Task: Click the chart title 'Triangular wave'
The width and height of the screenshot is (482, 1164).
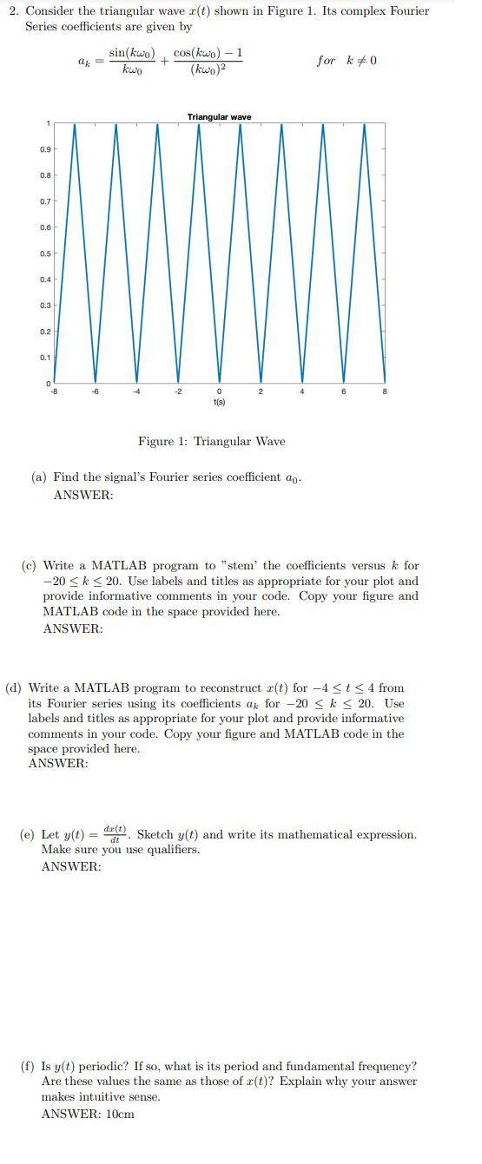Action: coord(219,117)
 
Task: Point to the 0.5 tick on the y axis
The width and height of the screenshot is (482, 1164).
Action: coord(44,253)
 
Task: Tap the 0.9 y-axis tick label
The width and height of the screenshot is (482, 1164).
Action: coord(44,149)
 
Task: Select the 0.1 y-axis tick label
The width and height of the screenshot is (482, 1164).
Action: coord(44,357)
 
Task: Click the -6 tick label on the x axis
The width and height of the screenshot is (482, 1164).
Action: coord(96,391)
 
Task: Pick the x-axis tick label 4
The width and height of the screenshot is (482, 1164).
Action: coord(302,391)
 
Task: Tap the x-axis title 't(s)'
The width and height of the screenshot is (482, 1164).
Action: coord(219,402)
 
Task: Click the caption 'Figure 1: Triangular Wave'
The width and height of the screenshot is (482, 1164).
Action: coord(211,441)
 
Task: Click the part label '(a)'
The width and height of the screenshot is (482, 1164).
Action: coord(39,477)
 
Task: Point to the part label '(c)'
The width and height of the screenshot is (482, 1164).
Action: coord(29,566)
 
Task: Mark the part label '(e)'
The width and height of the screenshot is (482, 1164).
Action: coord(28,835)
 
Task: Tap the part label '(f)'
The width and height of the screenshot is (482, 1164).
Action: coord(28,1066)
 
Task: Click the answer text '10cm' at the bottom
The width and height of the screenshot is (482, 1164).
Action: coord(120,1114)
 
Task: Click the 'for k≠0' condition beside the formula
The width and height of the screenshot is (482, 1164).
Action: coord(347,61)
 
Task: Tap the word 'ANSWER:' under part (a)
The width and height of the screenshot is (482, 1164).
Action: coord(83,495)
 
